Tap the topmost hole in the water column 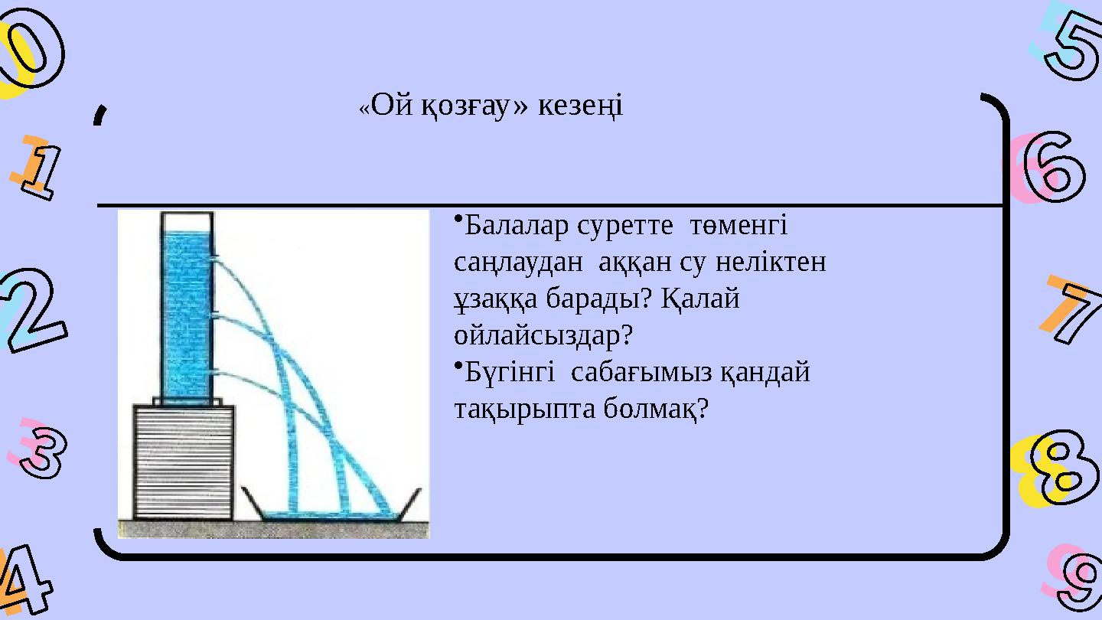tap(214, 258)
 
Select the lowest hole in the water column tap(214, 373)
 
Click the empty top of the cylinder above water tap(187, 222)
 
